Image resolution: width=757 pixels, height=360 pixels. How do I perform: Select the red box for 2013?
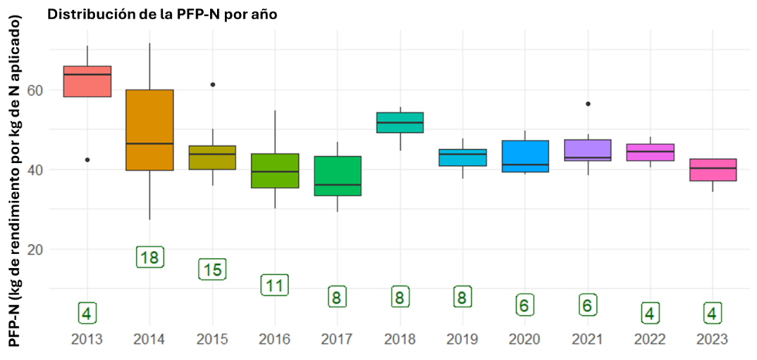coord(87,82)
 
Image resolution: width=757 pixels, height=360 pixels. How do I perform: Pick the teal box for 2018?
coord(400,123)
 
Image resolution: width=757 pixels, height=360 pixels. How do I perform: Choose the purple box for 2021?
coord(588,150)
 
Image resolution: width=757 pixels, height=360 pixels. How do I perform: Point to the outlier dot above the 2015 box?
coord(212,84)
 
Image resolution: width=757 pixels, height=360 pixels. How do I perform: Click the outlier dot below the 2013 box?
coord(87,160)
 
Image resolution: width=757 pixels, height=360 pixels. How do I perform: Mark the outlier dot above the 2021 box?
coord(588,104)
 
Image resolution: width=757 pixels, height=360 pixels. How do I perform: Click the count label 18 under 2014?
coord(150,257)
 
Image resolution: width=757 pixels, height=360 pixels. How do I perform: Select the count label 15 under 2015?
coord(212,269)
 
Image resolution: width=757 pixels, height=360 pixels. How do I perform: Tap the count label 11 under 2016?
coord(274,285)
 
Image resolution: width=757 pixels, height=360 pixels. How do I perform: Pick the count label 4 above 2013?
coord(87,313)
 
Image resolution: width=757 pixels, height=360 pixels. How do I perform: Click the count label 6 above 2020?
coord(525,305)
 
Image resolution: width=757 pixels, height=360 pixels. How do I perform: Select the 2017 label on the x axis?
coord(338,339)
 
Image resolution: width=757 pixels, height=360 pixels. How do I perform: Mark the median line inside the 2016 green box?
coord(275,172)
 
